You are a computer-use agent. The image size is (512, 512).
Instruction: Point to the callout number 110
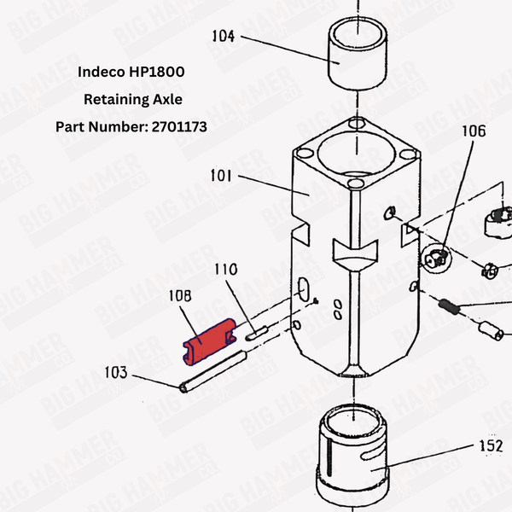point(225,269)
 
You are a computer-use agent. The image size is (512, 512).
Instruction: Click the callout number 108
point(180,299)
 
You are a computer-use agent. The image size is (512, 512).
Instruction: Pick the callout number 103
point(116,373)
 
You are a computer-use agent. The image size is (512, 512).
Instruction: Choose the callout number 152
point(490,445)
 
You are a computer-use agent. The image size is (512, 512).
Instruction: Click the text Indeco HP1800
point(131,71)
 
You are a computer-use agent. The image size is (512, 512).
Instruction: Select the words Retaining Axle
point(132,99)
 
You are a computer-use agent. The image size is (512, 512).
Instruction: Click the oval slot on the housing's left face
point(303,288)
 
